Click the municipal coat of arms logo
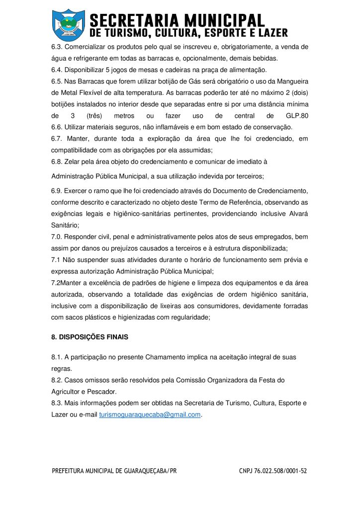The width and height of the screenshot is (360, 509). [69, 24]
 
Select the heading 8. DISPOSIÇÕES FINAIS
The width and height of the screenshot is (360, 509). [90, 337]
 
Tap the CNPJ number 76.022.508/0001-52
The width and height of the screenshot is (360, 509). [273, 471]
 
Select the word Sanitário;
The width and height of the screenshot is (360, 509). [65, 225]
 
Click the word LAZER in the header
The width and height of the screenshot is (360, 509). [270, 33]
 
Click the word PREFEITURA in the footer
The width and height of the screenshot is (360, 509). [71, 471]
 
